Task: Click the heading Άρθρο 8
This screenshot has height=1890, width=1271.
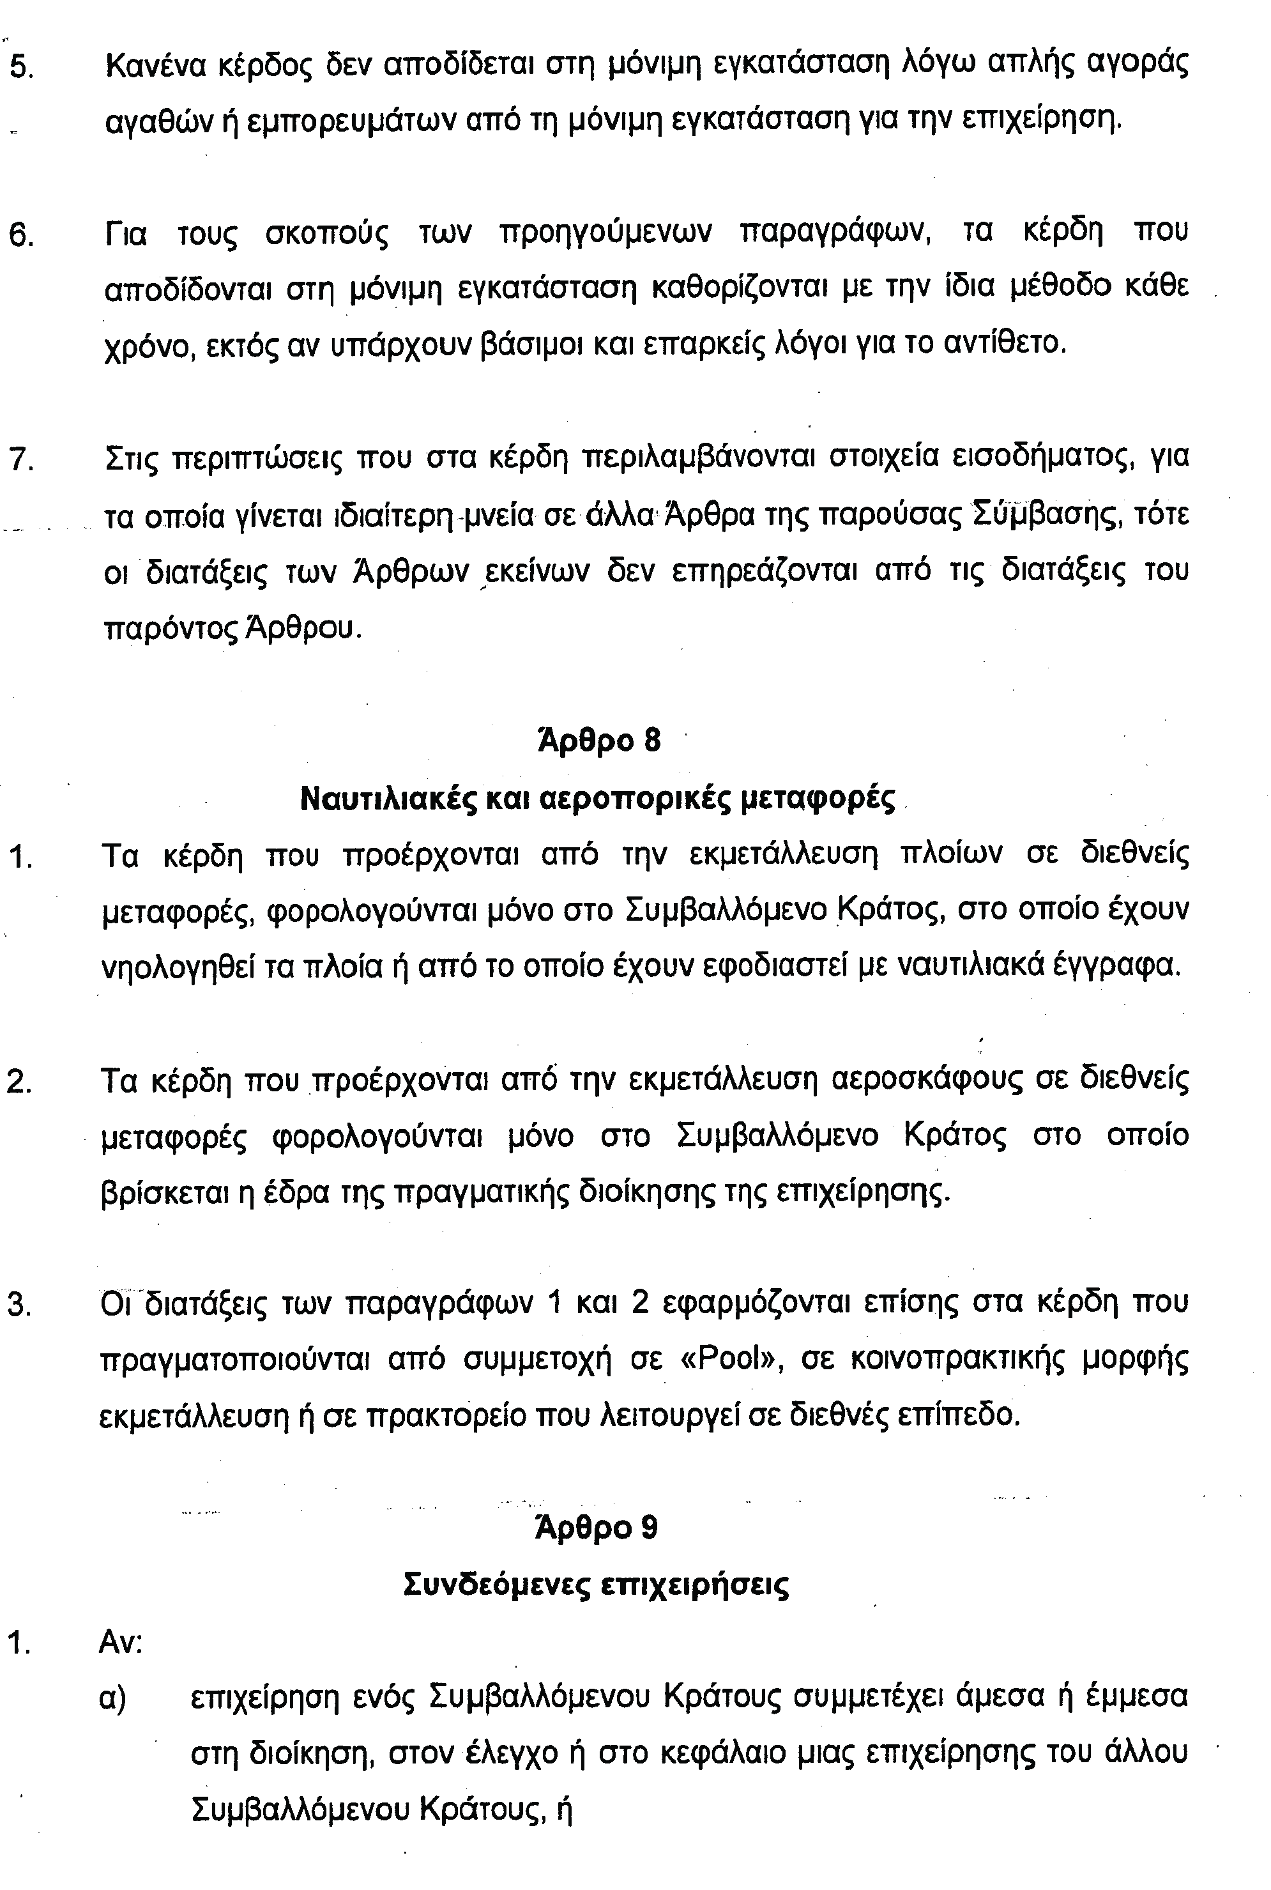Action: pyautogui.click(x=599, y=741)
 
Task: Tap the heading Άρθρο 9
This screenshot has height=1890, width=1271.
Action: pyautogui.click(x=597, y=1528)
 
